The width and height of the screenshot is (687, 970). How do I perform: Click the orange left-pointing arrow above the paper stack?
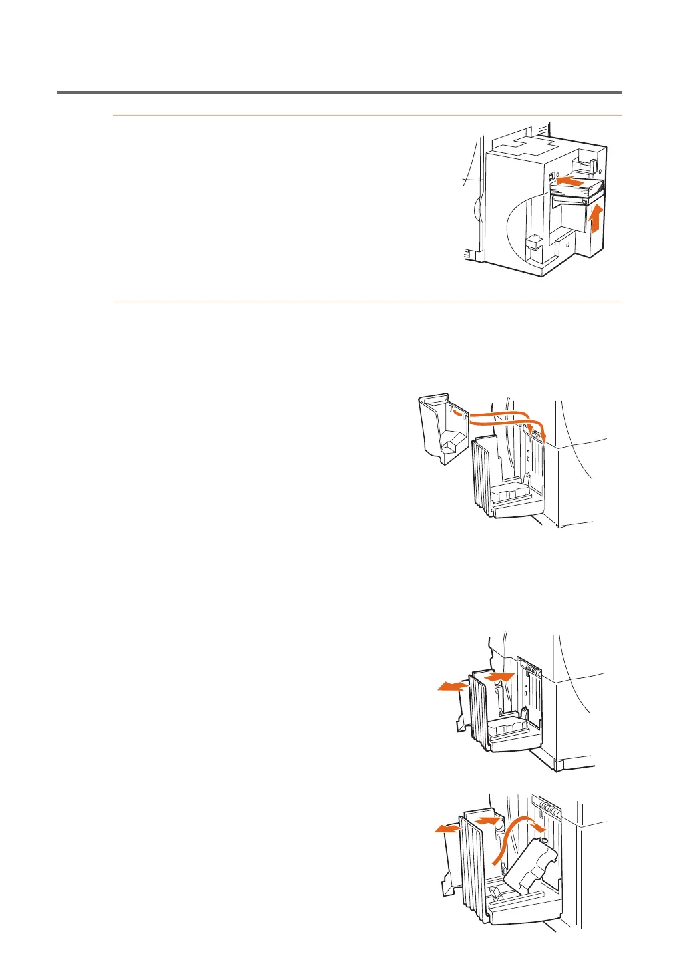[571, 180]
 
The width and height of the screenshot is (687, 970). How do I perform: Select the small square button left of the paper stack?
[551, 178]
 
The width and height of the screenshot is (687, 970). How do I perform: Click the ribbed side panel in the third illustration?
[479, 712]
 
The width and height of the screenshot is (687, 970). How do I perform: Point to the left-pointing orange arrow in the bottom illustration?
[447, 828]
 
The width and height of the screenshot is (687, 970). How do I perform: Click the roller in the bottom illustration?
[549, 809]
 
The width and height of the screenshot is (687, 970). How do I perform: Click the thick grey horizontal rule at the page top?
[340, 92]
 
